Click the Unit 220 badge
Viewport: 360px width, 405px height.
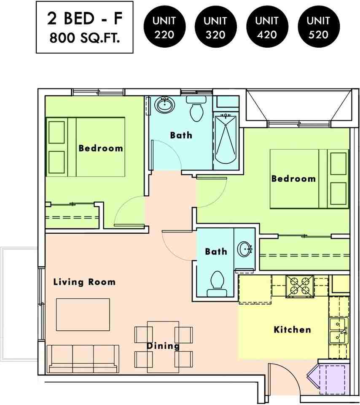coord(165,27)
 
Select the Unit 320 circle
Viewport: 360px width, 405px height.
coord(216,27)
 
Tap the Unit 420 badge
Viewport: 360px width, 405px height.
coord(267,27)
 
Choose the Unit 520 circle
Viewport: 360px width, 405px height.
coord(319,27)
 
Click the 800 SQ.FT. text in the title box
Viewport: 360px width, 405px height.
coord(85,38)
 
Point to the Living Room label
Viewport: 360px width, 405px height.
coord(84,282)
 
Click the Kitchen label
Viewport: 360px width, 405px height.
coord(292,329)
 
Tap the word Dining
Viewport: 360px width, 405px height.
coord(163,346)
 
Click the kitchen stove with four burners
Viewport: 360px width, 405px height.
coord(300,286)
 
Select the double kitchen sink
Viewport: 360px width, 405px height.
coord(339,331)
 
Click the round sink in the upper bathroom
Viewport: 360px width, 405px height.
coord(165,105)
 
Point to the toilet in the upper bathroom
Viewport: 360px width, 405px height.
coord(196,109)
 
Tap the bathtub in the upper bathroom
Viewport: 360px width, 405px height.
coord(226,140)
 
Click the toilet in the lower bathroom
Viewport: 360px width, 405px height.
coord(217,284)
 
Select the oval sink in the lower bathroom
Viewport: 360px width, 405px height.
coord(244,249)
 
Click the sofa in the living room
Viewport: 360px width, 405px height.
coord(83,359)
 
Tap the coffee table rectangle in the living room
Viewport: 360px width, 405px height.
coord(83,315)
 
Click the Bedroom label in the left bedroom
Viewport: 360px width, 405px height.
coord(101,148)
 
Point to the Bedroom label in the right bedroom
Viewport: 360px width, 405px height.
coord(294,178)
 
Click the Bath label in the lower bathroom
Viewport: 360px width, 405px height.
coord(216,251)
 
